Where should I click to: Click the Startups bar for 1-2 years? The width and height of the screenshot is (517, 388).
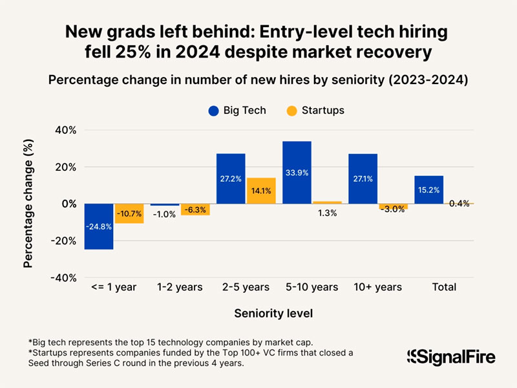195,210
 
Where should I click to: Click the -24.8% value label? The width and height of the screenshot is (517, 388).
99,226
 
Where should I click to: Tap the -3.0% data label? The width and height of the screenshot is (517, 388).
393,209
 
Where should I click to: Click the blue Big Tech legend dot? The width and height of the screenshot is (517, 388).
213,110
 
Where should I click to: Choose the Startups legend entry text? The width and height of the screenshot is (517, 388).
322,110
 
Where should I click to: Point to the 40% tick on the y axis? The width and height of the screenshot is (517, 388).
64,130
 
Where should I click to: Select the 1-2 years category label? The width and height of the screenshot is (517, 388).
179,286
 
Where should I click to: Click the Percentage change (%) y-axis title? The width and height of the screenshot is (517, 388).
28,203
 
